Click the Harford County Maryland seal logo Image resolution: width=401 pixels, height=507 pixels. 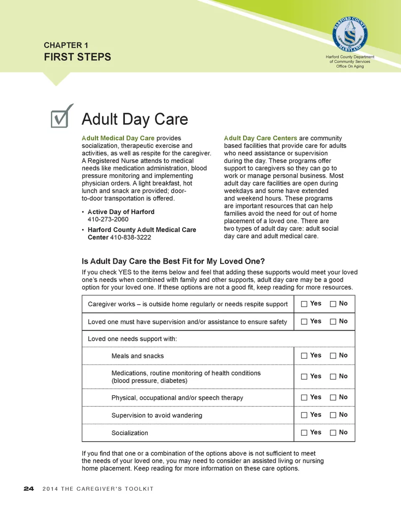pyautogui.click(x=350, y=34)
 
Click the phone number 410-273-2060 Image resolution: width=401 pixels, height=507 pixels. pyautogui.click(x=108, y=219)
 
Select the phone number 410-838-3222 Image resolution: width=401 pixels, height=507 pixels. pyautogui.click(x=130, y=237)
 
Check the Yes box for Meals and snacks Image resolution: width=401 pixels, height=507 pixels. pyautogui.click(x=304, y=356)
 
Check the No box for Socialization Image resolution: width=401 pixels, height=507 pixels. pyautogui.click(x=333, y=433)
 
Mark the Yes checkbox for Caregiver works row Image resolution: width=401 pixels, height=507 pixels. pyautogui.click(x=304, y=304)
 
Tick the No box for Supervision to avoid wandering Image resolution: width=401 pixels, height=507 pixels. pyautogui.click(x=333, y=415)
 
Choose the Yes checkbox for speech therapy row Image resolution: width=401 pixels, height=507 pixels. pyautogui.click(x=304, y=398)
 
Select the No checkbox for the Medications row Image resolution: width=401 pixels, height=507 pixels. pyautogui.click(x=333, y=377)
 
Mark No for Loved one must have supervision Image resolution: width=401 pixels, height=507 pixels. pyautogui.click(x=333, y=322)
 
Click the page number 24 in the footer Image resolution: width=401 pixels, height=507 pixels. pyautogui.click(x=29, y=489)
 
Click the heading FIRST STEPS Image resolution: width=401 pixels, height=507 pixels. pyautogui.click(x=78, y=57)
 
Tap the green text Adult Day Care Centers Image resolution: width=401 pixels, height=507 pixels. pyautogui.click(x=261, y=138)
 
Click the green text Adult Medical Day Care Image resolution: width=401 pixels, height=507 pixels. pyautogui.click(x=118, y=138)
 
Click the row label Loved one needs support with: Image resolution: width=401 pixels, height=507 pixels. pyautogui.click(x=132, y=338)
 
